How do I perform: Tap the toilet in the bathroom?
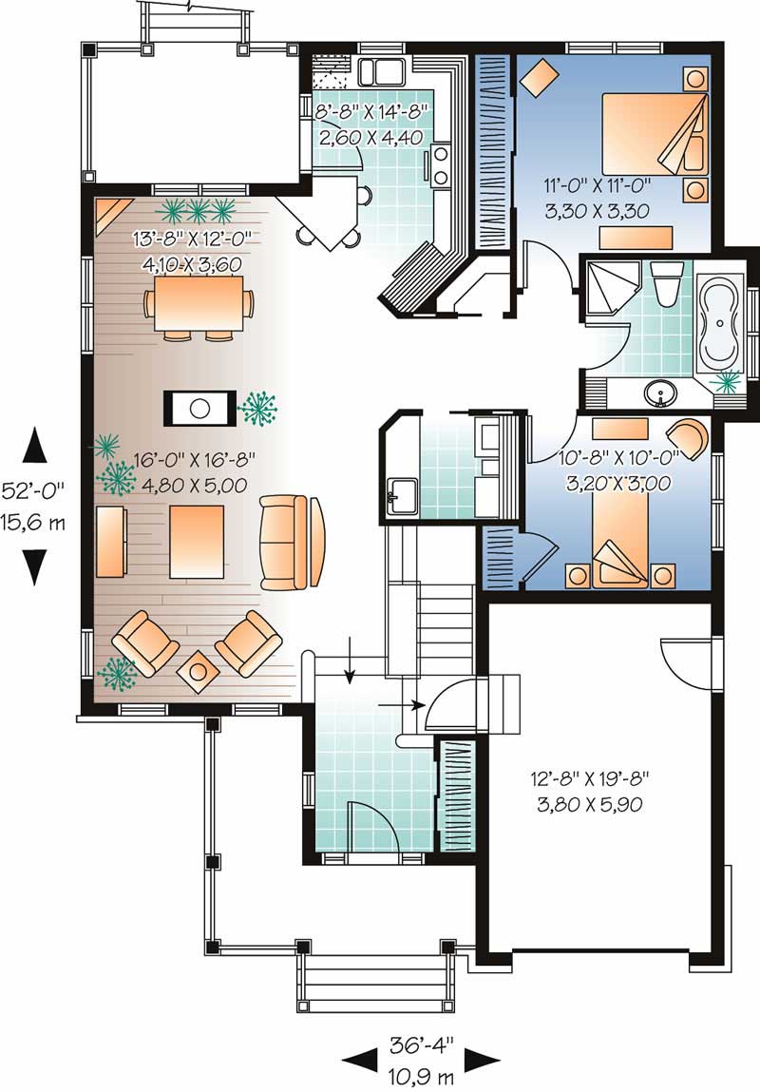[667, 283]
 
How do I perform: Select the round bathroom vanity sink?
[658, 392]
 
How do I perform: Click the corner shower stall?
[608, 284]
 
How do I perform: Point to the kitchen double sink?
[385, 71]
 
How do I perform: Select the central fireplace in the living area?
[199, 408]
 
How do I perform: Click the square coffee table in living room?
[197, 541]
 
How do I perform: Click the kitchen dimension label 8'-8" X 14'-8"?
[373, 112]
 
